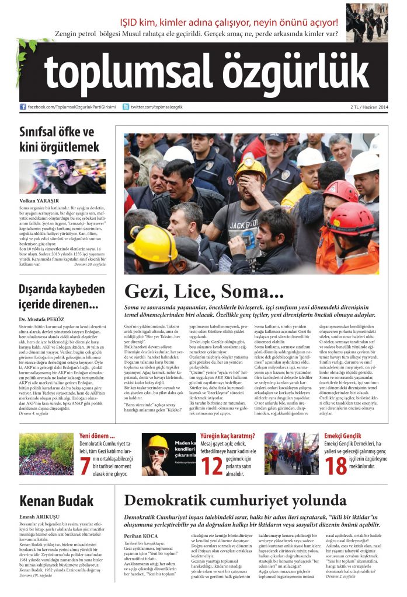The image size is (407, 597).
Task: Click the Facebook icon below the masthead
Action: (x=23, y=107)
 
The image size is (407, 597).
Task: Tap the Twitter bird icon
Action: (x=126, y=107)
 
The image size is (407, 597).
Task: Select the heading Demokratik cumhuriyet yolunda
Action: (x=235, y=500)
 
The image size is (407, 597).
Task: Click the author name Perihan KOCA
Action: (x=141, y=535)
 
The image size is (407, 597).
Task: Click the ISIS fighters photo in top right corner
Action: (x=367, y=22)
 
